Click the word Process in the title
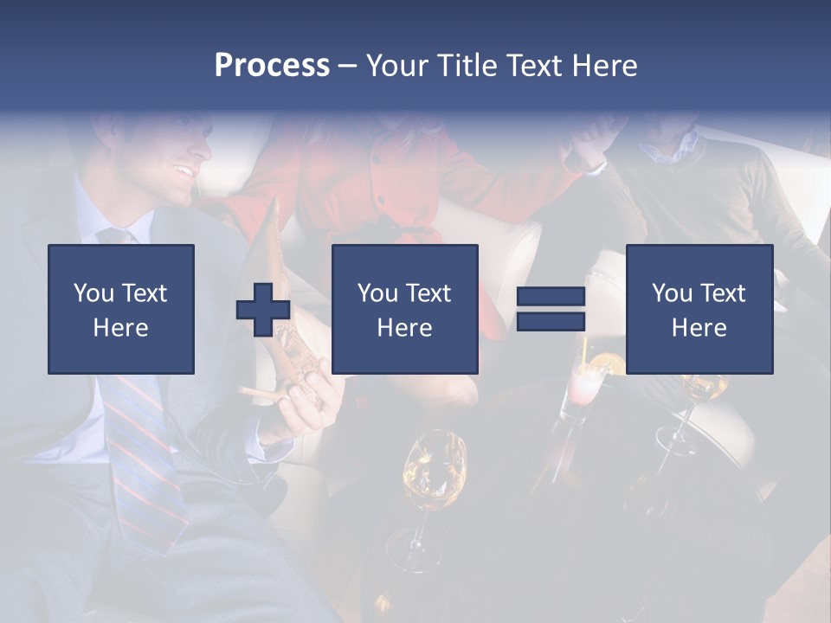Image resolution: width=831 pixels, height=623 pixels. [272, 66]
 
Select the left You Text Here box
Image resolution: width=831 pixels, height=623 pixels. [121, 309]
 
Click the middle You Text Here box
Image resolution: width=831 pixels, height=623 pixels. [405, 309]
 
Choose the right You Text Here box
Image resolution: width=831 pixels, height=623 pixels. [699, 309]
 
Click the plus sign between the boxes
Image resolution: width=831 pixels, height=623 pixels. [263, 310]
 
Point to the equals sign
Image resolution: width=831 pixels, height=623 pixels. [551, 310]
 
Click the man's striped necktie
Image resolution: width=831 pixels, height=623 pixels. [143, 450]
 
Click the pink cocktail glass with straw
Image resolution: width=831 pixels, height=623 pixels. [580, 389]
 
